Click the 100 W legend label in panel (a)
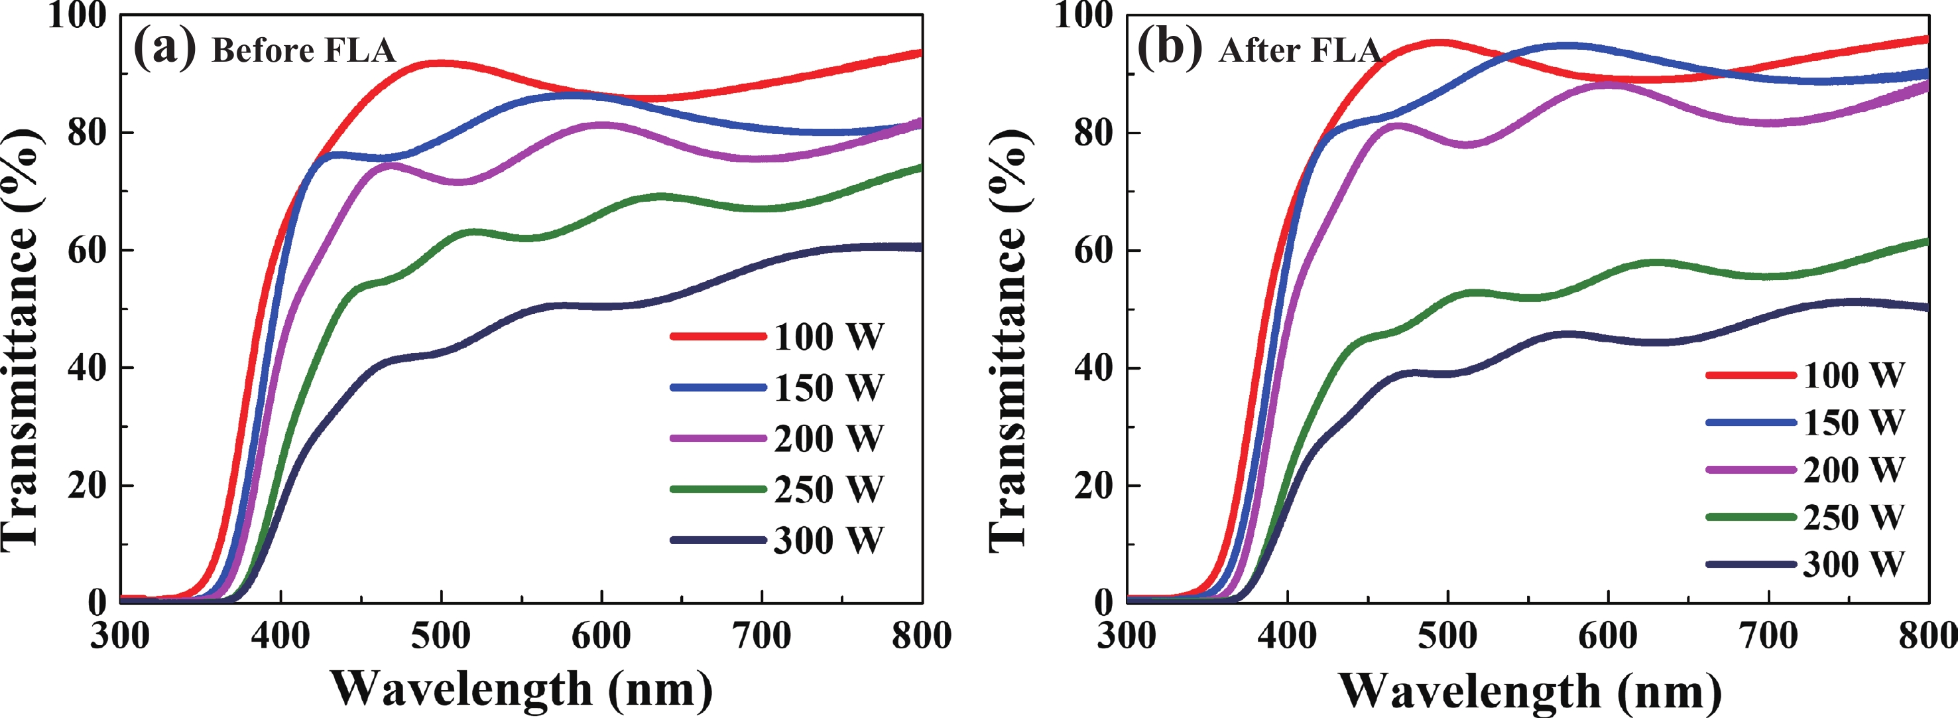[829, 336]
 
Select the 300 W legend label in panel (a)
[829, 540]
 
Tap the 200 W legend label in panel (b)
[1854, 469]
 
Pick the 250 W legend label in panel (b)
[1854, 517]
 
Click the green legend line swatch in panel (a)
[717, 489]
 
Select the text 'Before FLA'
[303, 51]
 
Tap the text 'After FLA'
[1299, 51]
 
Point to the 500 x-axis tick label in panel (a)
[441, 636]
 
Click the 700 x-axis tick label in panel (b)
[1769, 636]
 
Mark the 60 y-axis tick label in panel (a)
[87, 250]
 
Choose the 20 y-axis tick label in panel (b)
[1094, 485]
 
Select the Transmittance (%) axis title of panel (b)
[1008, 338]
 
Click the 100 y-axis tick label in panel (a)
[77, 15]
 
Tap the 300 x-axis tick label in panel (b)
[1127, 636]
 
